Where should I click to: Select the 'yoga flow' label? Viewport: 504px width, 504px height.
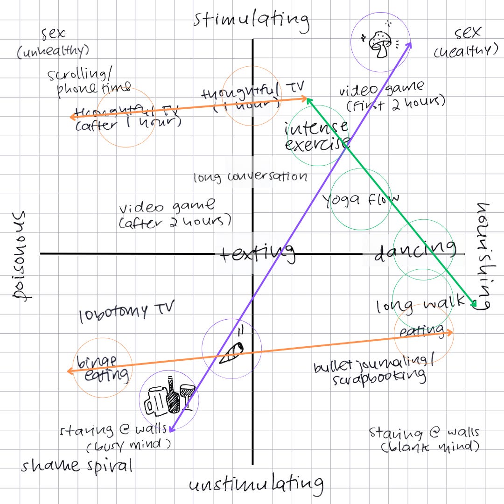361,200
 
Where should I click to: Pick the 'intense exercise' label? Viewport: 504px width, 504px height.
316,136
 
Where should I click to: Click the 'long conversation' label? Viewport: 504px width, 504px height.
250,177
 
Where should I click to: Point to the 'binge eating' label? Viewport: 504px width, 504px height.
100,368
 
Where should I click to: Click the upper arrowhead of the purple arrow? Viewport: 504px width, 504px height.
410,43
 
